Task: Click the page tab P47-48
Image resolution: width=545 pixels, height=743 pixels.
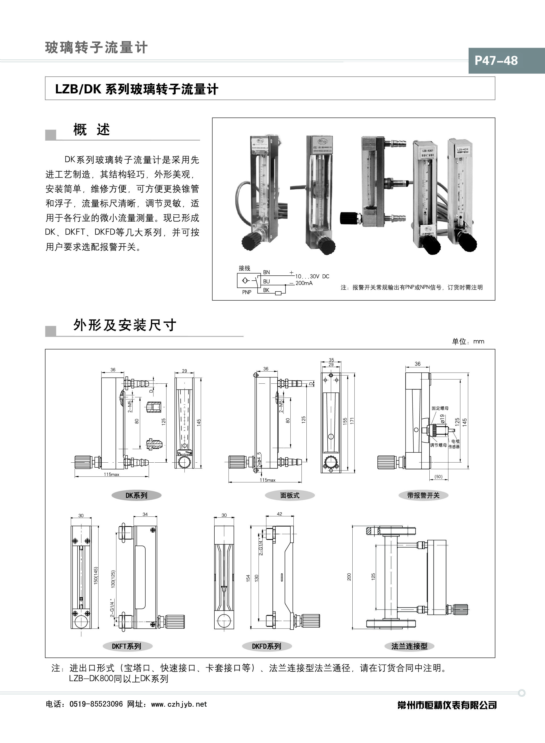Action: (496, 60)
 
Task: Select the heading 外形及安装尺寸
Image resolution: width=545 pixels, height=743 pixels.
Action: (125, 325)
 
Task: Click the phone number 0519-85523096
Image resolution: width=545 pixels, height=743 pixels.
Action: (96, 704)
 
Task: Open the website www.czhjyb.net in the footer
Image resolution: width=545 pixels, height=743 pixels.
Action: (179, 704)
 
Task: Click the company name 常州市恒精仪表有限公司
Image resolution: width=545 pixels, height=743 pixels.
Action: (447, 705)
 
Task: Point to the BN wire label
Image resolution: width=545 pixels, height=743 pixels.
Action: (266, 272)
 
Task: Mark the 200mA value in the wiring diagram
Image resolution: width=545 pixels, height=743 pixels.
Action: (304, 283)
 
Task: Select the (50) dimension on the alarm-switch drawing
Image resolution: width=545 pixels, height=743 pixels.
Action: (438, 476)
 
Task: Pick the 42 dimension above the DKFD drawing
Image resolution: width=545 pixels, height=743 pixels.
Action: (279, 514)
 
